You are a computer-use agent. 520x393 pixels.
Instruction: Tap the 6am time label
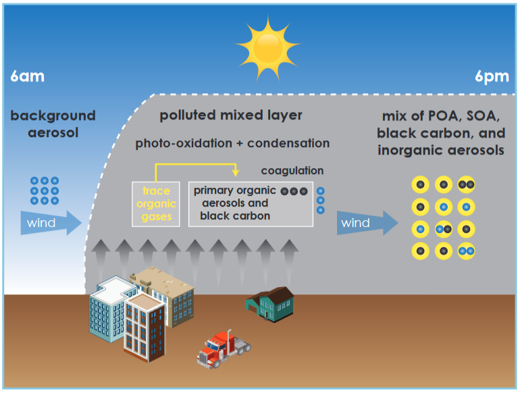pos(27,76)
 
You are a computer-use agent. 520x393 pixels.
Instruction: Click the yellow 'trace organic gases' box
pos(156,203)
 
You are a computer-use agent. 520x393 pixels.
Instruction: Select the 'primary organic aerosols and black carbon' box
pos(250,203)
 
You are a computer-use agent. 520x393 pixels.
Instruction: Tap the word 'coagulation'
pos(292,171)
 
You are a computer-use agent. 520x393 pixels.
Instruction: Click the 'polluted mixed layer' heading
pos(231,115)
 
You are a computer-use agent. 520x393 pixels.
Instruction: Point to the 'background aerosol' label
pos(53,124)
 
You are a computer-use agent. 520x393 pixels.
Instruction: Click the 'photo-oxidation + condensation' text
pos(232,144)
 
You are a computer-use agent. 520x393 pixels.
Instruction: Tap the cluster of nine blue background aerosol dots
pos(45,190)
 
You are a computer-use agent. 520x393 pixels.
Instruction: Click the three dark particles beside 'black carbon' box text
pos(294,191)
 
